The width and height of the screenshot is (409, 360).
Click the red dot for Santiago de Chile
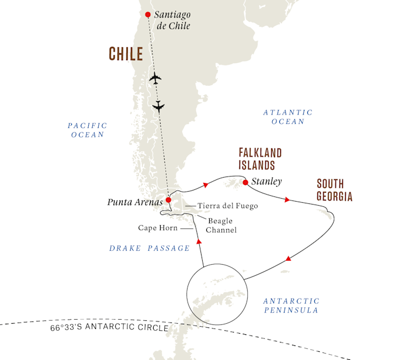click(148, 15)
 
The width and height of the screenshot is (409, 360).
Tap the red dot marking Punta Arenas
click(168, 200)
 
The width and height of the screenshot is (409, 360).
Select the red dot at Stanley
click(245, 182)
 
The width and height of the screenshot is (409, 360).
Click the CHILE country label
click(126, 54)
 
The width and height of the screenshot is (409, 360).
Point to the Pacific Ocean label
click(88, 130)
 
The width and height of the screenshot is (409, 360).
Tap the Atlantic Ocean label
click(288, 117)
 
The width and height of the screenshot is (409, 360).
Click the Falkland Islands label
click(261, 159)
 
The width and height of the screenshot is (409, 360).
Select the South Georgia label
click(335, 190)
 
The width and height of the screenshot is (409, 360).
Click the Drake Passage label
click(150, 248)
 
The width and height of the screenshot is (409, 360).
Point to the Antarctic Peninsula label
click(292, 306)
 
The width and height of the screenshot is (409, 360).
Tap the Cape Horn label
click(158, 228)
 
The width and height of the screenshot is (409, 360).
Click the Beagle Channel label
click(221, 226)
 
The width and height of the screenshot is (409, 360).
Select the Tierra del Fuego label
click(228, 206)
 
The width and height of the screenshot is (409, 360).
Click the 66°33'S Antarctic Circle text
click(109, 327)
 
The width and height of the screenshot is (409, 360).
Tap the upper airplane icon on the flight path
click(155, 78)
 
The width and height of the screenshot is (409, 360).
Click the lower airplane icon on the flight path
click(158, 106)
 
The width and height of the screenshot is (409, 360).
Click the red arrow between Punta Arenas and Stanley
click(206, 185)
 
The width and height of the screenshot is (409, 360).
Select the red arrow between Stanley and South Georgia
click(287, 199)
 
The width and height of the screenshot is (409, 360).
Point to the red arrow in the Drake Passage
click(199, 241)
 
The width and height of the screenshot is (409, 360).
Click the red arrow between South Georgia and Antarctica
click(288, 258)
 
